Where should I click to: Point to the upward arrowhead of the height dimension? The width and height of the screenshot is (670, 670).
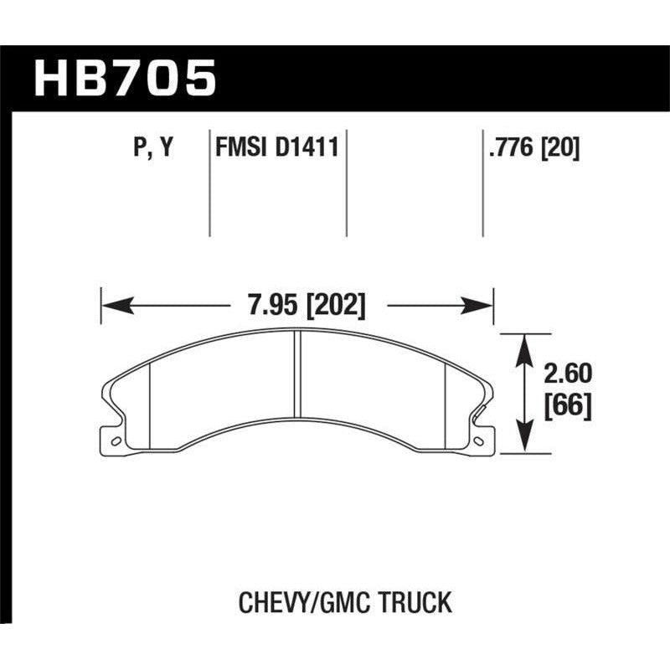523,342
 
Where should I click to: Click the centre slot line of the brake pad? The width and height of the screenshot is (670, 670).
298,373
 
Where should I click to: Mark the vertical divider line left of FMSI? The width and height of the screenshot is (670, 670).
209,184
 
